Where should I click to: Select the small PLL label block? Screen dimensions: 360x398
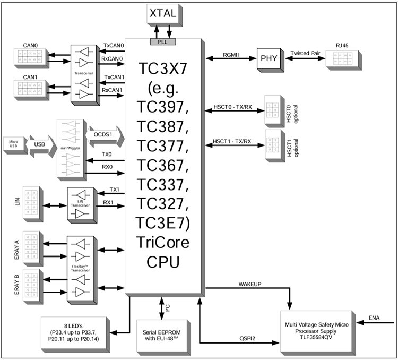163,41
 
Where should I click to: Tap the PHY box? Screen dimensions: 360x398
270,60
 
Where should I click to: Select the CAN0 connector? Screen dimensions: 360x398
30,58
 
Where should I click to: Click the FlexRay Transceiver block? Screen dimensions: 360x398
80,269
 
